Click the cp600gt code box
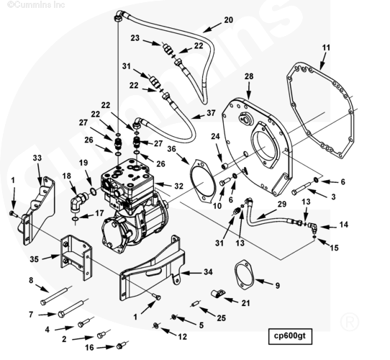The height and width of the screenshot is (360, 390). coord(290,336)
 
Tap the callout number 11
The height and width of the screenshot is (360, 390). coord(326,48)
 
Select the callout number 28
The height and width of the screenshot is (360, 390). coord(249,76)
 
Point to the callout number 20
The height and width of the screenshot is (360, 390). coord(229,20)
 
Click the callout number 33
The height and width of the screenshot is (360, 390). coord(37,158)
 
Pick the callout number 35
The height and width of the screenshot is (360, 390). coord(35,259)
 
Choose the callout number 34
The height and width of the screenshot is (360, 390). coord(208,272)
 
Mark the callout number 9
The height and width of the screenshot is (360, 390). coord(277,286)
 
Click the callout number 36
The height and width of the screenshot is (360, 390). coord(171,149)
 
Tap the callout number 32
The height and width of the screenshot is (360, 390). coord(178,186)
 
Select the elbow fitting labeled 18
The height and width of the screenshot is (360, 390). coord(79,202)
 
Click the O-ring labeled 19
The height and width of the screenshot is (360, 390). coord(93,192)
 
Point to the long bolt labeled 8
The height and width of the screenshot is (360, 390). coord(55,296)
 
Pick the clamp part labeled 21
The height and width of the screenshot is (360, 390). coord(218,294)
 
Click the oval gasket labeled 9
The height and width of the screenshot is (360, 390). coord(244,275)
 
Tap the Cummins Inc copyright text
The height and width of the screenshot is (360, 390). coord(36,4)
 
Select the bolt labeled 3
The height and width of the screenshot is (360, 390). coord(301,188)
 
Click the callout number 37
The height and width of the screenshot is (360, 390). coord(211,113)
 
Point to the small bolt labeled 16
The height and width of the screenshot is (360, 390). coord(122,345)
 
